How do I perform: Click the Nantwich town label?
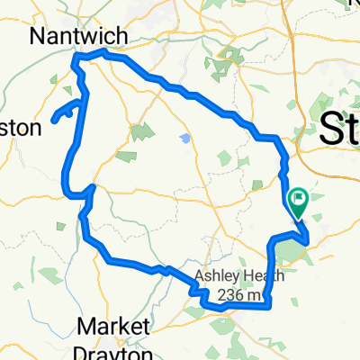point(78,35)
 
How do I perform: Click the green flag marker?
point(298,198)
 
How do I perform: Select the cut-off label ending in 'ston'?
point(20,128)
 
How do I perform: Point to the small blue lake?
point(184,139)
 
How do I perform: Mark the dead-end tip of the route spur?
point(54,119)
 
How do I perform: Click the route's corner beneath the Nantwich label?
point(75,58)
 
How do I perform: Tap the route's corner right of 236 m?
point(269,305)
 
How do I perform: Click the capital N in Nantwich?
point(39,35)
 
